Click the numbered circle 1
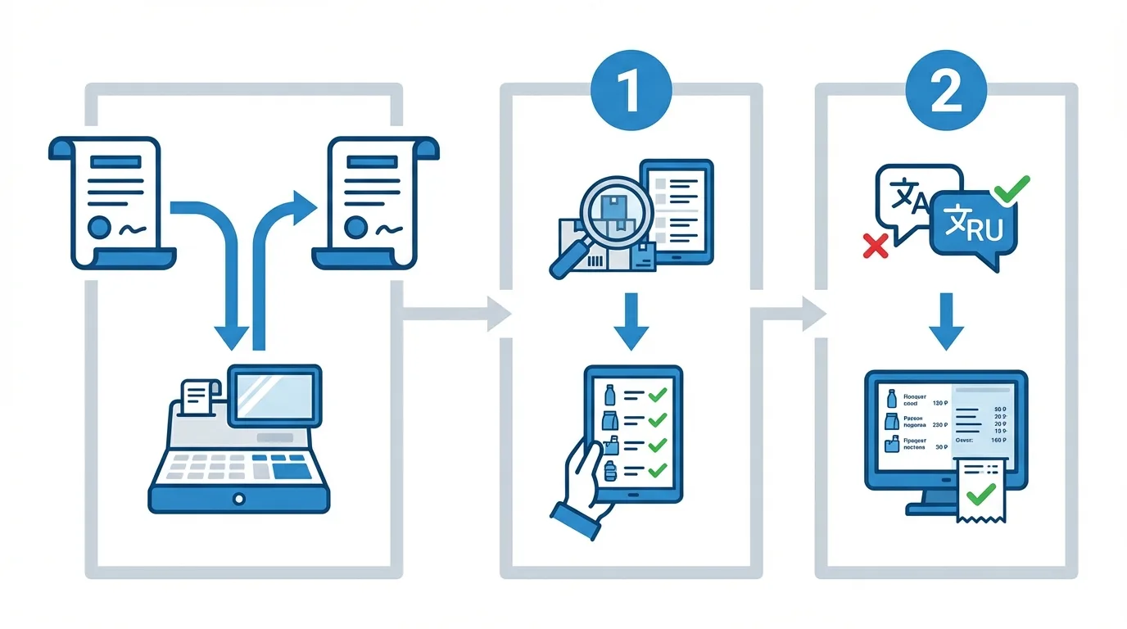pyautogui.click(x=631, y=93)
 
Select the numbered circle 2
pyautogui.click(x=946, y=93)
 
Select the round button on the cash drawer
pyautogui.click(x=238, y=498)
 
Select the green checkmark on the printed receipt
pyautogui.click(x=980, y=494)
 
